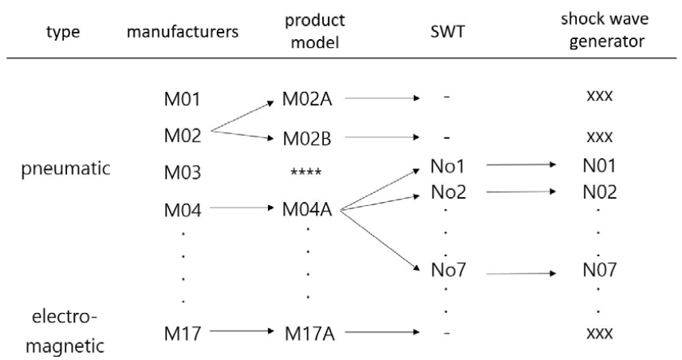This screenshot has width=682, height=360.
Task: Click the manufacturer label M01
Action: pyautogui.click(x=182, y=100)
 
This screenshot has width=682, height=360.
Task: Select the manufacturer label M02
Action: pyautogui.click(x=182, y=135)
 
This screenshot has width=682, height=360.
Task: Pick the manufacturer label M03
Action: pyautogui.click(x=182, y=172)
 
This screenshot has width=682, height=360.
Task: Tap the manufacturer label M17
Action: pyautogui.click(x=182, y=334)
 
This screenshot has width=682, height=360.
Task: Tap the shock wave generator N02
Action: pyautogui.click(x=599, y=192)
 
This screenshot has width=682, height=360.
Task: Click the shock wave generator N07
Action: pyautogui.click(x=599, y=271)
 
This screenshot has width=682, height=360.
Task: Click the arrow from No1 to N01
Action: pyautogui.click(x=519, y=166)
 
